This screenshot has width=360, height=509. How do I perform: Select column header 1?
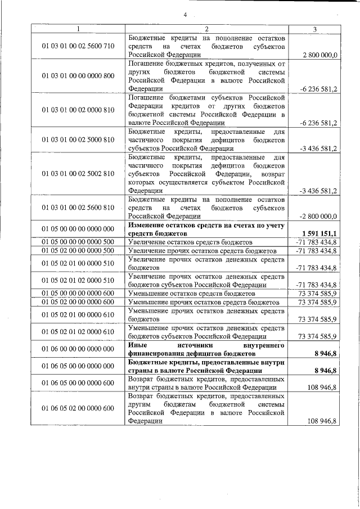tap(78, 29)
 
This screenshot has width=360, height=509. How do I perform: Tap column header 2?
tap(206, 29)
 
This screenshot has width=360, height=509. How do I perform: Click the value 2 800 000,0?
tap(319, 55)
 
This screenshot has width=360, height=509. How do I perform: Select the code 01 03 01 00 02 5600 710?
tap(78, 47)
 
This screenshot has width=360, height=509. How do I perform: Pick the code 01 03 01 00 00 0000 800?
tap(78, 76)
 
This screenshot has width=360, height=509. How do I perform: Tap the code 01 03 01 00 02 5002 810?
tap(78, 174)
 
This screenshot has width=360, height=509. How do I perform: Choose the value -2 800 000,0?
tap(318, 215)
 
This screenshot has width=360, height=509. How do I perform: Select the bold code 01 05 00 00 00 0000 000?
tap(78, 228)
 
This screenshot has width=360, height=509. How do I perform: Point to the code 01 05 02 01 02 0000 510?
tap(78, 280)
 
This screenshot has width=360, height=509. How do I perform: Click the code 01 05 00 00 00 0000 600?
tap(78, 294)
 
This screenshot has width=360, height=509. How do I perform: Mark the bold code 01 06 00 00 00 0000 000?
tap(78, 349)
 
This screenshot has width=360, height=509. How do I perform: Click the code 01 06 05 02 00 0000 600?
tap(78, 408)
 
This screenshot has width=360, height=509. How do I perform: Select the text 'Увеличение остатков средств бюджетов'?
tap(191, 241)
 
